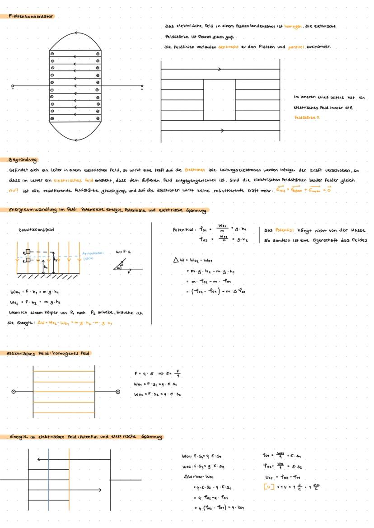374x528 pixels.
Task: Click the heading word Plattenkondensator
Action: [x=31, y=16]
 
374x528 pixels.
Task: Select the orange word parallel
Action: [x=296, y=47]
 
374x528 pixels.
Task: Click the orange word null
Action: [x=14, y=190]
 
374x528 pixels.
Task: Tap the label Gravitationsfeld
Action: [x=36, y=229]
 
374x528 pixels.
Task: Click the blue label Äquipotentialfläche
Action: [x=93, y=255]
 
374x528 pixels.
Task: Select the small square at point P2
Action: [x=28, y=261]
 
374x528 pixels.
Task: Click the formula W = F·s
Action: [x=122, y=252]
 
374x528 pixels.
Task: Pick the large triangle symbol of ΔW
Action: [x=176, y=261]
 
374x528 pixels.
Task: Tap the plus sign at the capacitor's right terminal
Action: [x=142, y=89]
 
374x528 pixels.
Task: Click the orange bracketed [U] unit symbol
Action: [x=268, y=487]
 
